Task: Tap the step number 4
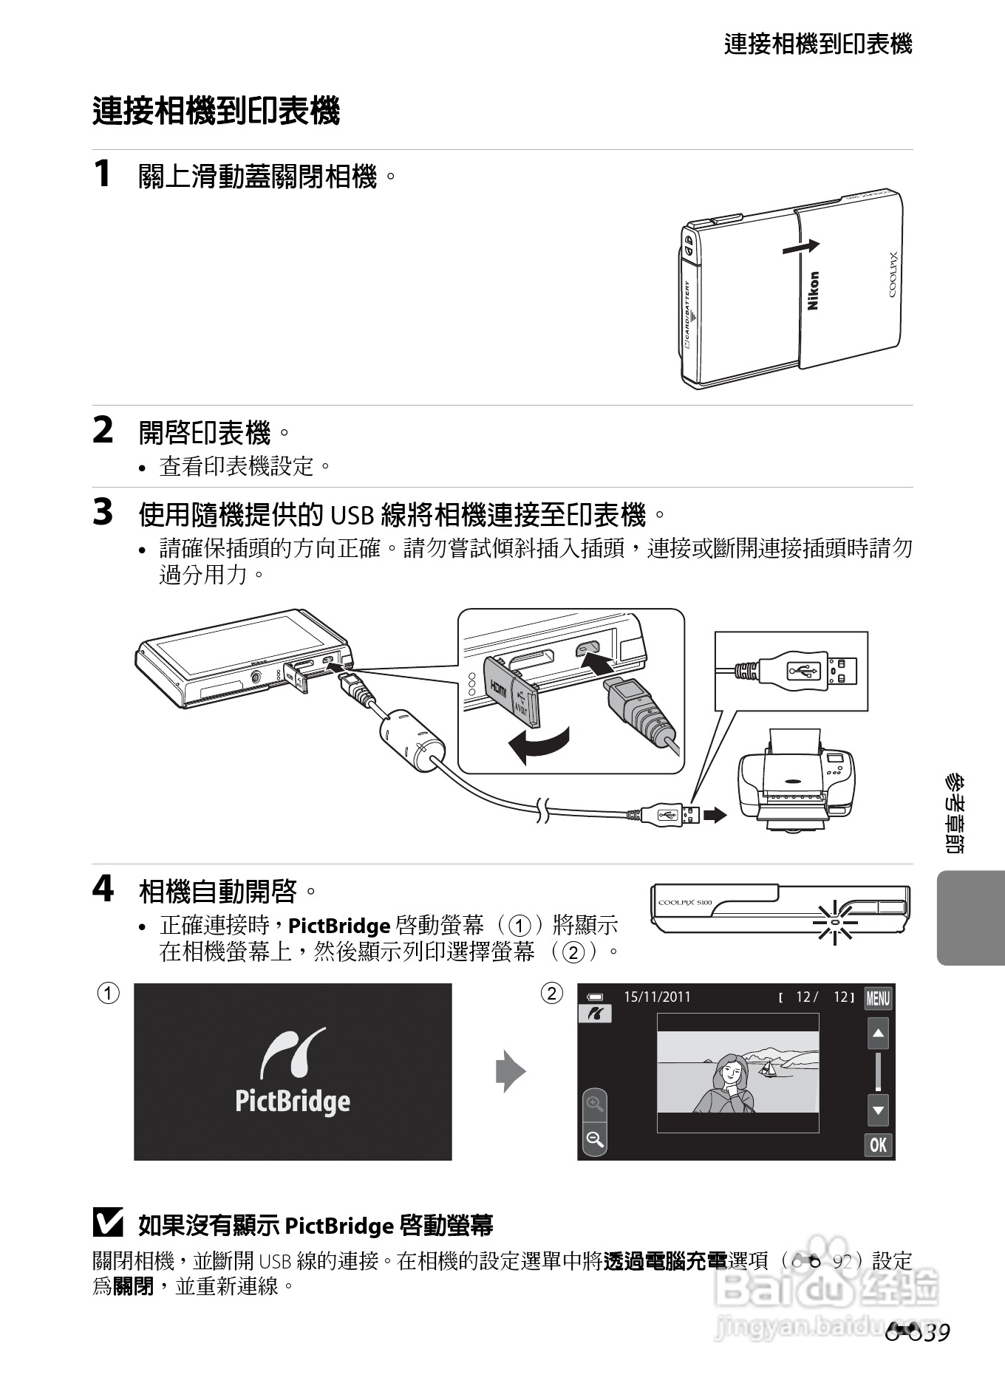pos(103,889)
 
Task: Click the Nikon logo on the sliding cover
pos(813,290)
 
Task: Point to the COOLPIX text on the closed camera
pos(893,275)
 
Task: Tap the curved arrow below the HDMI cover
pos(539,746)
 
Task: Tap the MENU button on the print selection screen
pos(878,999)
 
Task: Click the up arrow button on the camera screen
pos(878,1034)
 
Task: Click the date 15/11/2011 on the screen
pos(657,997)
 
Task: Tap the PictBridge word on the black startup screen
pos(293,1101)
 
